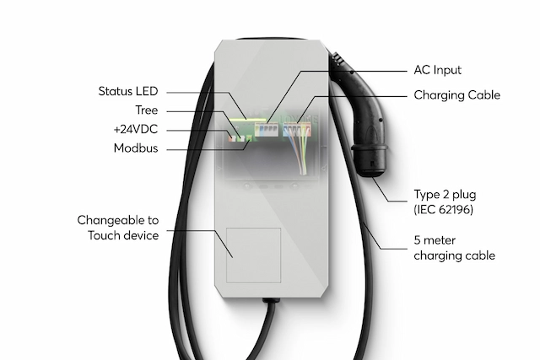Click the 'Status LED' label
pyautogui.click(x=127, y=91)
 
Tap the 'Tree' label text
pyautogui.click(x=146, y=110)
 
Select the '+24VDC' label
pyautogui.click(x=136, y=129)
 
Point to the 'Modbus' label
pyautogui.click(x=136, y=148)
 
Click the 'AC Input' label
pyautogui.click(x=437, y=70)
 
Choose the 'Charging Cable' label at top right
pyautogui.click(x=457, y=95)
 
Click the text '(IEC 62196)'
pyautogui.click(x=444, y=209)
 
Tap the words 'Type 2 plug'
pyautogui.click(x=445, y=195)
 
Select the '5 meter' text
pyautogui.click(x=435, y=240)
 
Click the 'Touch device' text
pyautogui.click(x=123, y=235)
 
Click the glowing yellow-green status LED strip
pyautogui.click(x=247, y=121)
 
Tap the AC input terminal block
pyautogui.click(x=267, y=130)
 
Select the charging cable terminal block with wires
pyautogui.click(x=297, y=130)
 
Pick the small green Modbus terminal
pyautogui.click(x=249, y=138)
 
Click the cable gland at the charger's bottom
pyautogui.click(x=271, y=301)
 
